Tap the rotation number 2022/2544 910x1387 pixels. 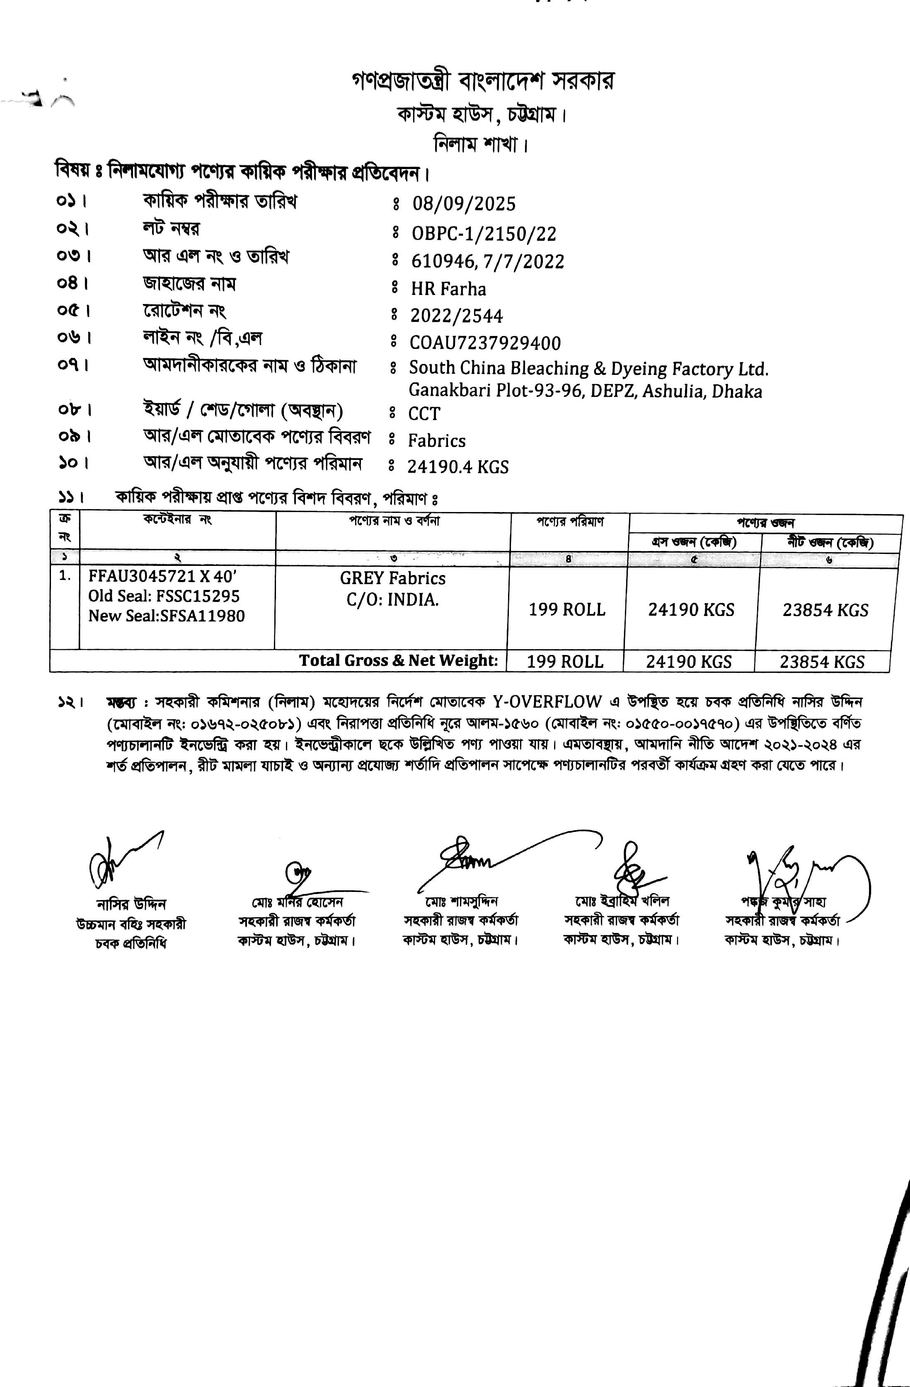coord(457,316)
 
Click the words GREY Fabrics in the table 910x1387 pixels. coord(392,578)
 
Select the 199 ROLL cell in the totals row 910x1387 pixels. coord(565,662)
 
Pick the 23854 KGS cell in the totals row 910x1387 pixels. coord(822,662)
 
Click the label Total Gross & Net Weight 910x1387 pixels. coord(399,660)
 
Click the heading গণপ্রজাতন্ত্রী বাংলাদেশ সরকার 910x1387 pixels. coord(483,82)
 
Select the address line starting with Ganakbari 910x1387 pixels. coord(585,391)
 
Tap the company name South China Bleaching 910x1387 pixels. coord(588,368)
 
